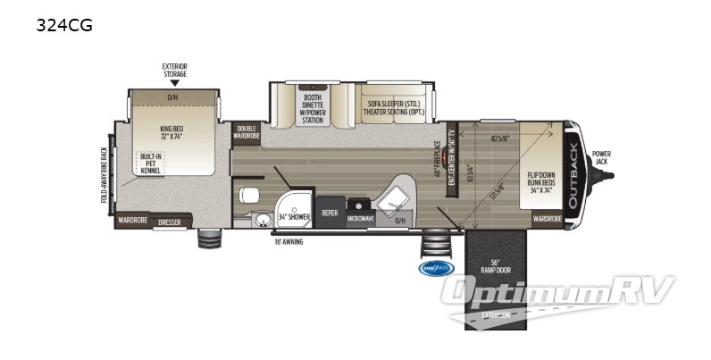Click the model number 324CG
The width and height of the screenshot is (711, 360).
[x=64, y=25]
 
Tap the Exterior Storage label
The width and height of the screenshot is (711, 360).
[x=174, y=71]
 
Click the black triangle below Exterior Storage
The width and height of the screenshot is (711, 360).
[x=174, y=83]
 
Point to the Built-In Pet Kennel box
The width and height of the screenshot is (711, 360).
[x=150, y=163]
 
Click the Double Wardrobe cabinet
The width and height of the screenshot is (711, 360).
[x=247, y=134]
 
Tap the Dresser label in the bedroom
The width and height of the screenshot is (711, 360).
[x=170, y=221]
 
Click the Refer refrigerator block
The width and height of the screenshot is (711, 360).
[x=330, y=213]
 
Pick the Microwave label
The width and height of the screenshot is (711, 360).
[x=361, y=217]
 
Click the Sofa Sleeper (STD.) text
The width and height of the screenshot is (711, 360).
[x=394, y=103]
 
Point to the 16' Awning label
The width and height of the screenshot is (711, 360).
[x=292, y=240]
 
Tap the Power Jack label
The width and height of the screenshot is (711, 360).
[x=600, y=157]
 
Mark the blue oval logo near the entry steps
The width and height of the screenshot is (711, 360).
[x=436, y=267]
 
